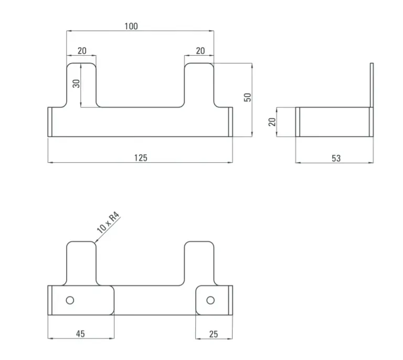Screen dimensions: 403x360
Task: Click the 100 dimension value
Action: pos(131,26)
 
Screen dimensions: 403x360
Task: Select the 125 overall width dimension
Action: pos(141,158)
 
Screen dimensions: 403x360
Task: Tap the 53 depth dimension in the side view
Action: pos(336,158)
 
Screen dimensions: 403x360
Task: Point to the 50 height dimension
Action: pos(248,98)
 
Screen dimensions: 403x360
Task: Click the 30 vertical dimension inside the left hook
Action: pos(76,83)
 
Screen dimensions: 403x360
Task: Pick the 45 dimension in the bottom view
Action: pos(80,334)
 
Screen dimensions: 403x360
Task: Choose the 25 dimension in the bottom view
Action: pos(214,334)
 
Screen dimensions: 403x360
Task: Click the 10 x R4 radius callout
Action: pos(108,223)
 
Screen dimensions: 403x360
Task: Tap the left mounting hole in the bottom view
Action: pos(70,300)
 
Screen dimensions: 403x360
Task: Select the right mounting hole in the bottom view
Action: pos(210,300)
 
